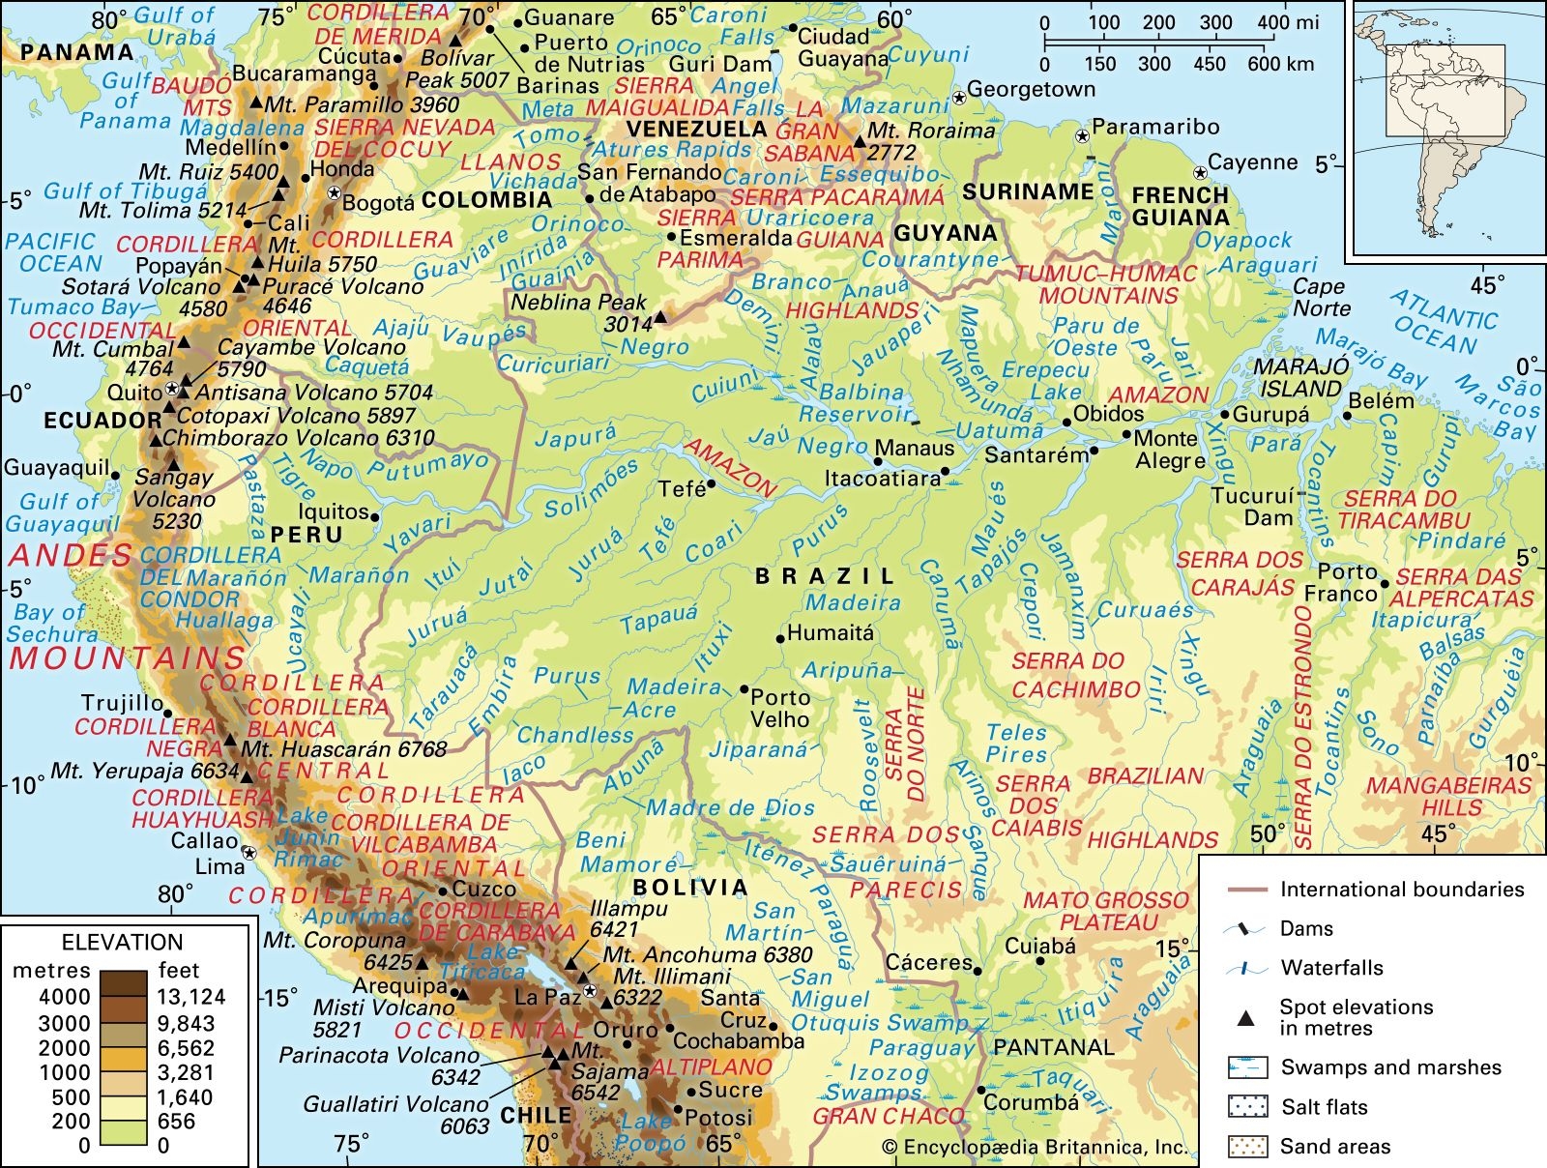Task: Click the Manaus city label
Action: (915, 448)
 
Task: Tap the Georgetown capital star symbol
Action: (958, 97)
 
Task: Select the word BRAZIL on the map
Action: (825, 576)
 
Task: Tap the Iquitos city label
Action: (333, 511)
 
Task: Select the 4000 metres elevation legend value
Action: (65, 997)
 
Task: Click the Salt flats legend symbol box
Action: (1247, 1107)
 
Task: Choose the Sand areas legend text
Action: (1335, 1147)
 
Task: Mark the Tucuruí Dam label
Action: (1253, 507)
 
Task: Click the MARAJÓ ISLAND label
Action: (1300, 378)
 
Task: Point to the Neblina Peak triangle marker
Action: (661, 316)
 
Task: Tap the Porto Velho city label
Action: (780, 708)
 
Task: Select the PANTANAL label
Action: (1054, 1047)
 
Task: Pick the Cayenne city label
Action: (1252, 162)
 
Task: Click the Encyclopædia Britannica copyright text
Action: (1035, 1148)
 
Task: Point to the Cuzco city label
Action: (484, 889)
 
